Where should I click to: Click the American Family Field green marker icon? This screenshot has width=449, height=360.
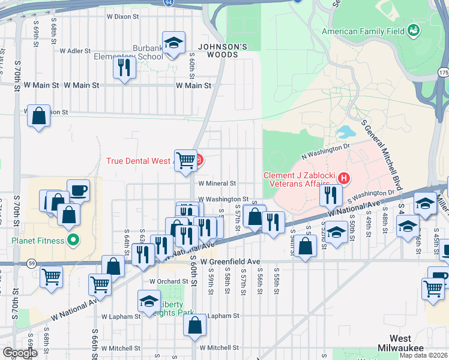click(413, 30)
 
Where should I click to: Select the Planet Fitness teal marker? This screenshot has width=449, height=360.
click(73, 241)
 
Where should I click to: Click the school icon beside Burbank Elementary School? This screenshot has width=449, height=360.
click(173, 43)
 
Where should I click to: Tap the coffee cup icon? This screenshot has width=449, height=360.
click(79, 191)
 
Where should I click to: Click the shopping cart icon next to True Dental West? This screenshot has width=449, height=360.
click(186, 159)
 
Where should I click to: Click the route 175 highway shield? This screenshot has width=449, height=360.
click(443, 72)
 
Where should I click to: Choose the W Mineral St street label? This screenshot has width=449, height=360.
click(217, 183)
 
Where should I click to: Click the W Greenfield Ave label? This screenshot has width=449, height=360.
click(230, 262)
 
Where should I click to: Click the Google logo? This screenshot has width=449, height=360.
click(19, 352)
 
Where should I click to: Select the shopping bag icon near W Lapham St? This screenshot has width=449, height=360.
click(195, 325)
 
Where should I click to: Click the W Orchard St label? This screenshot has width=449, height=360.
click(169, 281)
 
